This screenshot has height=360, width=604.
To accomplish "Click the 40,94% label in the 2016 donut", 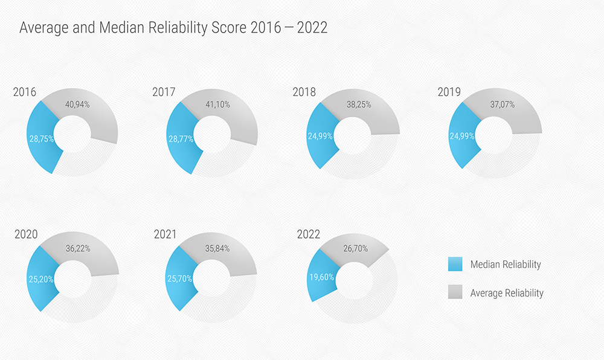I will [77, 104].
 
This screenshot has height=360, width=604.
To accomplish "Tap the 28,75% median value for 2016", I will [41, 138].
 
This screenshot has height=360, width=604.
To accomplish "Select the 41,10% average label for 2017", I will [217, 104].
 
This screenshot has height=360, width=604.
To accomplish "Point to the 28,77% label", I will [181, 138].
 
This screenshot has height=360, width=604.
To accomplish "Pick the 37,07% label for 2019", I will [503, 104].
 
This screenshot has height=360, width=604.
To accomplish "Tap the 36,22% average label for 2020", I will [77, 248].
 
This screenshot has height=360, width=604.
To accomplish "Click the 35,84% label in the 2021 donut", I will [217, 248].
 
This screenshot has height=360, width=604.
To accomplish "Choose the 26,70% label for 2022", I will [356, 248].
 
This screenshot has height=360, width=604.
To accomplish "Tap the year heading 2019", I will [449, 92].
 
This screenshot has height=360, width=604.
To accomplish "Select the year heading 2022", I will [309, 235].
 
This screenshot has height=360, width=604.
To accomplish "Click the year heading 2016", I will [25, 92].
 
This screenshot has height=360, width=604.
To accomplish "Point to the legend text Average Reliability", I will [507, 293].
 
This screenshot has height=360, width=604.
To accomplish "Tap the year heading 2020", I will [26, 234].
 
